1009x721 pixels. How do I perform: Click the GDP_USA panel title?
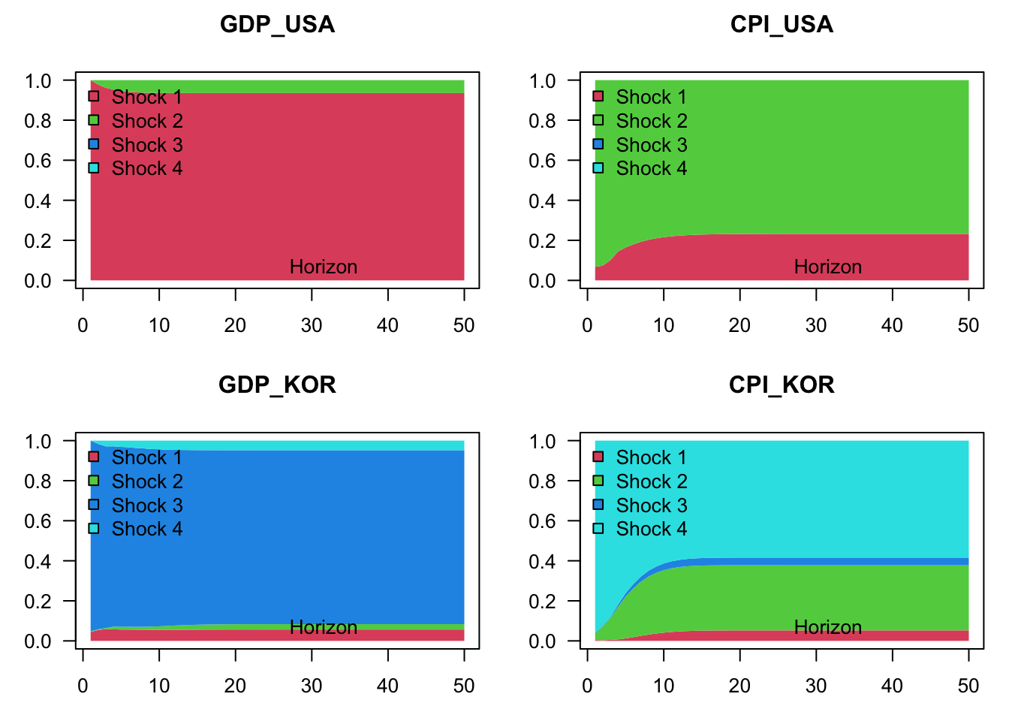[x=277, y=25]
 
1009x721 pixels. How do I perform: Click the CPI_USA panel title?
[x=782, y=25]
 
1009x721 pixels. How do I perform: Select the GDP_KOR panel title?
[x=277, y=385]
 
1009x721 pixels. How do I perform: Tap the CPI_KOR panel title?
[x=782, y=385]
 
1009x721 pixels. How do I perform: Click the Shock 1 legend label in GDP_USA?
[x=146, y=97]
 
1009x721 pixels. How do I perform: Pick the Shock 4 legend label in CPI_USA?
[x=651, y=168]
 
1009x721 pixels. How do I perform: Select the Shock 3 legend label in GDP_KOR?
[x=146, y=505]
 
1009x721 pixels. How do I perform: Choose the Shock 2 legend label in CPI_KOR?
[x=651, y=481]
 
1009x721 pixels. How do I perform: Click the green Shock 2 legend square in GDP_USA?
[x=94, y=120]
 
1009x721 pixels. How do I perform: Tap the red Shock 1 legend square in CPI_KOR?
[x=598, y=457]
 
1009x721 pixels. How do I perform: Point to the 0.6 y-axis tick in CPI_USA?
[x=542, y=161]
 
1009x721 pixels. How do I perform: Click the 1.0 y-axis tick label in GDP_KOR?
[x=38, y=442]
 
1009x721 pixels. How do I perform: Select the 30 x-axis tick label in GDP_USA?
[x=312, y=325]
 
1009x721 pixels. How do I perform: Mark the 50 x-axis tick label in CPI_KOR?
[x=968, y=686]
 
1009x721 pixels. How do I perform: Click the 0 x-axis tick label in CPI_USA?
[x=587, y=325]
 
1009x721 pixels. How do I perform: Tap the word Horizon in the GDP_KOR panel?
[x=324, y=627]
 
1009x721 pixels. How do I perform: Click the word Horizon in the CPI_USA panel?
[x=828, y=267]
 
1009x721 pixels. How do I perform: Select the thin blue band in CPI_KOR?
[x=826, y=561]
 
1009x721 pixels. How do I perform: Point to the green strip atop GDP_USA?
[x=300, y=86]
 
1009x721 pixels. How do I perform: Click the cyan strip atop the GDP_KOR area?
[x=300, y=445]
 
